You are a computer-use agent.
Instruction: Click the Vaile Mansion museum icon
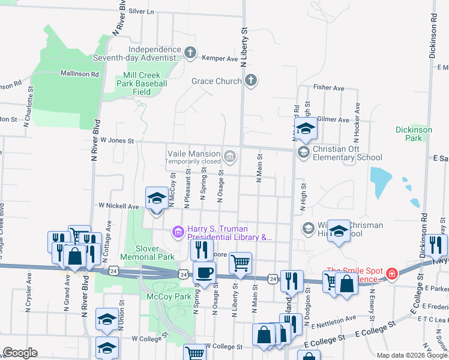[x=229, y=158]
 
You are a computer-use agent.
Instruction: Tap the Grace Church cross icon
[x=251, y=80]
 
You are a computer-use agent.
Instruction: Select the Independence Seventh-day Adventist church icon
[x=190, y=53]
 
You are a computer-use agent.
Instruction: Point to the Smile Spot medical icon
[x=392, y=274]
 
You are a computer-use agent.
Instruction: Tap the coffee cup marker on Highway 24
[x=204, y=273]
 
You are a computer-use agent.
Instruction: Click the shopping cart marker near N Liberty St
[x=240, y=263]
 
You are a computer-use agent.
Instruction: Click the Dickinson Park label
[x=409, y=133]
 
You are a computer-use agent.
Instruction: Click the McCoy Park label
[x=164, y=296]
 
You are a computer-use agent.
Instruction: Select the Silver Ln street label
[x=141, y=11]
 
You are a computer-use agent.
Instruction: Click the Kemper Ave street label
[x=224, y=59]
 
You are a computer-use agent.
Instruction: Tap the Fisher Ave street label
[x=328, y=88]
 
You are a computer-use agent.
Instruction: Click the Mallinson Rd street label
[x=79, y=74]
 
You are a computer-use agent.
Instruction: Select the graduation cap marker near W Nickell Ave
[x=157, y=199]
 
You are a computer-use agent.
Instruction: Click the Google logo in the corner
[x=20, y=352]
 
